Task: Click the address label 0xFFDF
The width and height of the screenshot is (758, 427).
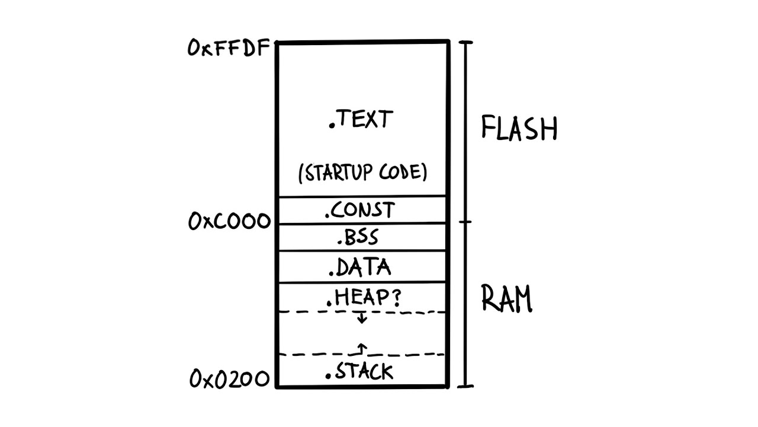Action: point(229,47)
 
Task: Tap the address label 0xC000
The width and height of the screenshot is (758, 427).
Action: point(229,222)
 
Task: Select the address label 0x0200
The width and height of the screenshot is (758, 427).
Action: point(230,378)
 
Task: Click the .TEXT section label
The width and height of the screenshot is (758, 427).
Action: point(361,120)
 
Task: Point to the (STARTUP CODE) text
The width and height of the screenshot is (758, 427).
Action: point(362,173)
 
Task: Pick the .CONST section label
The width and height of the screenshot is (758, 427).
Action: point(360,211)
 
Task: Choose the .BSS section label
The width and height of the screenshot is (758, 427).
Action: point(358,238)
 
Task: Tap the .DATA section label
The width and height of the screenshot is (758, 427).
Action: point(360,267)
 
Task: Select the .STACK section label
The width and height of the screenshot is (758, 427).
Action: point(359,372)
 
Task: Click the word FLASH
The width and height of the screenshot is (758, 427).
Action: point(519,128)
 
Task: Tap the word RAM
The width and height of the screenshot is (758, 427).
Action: point(506,298)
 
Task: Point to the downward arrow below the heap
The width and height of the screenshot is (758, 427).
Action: point(362,318)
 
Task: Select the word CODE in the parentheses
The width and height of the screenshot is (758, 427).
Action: point(405,173)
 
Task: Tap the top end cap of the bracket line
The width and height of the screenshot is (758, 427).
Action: point(467,42)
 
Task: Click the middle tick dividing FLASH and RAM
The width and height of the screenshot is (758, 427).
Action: point(467,222)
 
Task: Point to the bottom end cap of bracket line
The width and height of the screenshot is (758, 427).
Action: point(467,387)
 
